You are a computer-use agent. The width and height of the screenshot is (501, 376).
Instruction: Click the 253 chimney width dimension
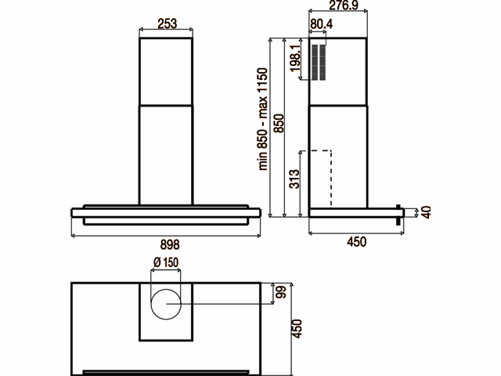167,23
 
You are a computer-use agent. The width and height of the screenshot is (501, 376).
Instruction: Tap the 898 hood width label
170,244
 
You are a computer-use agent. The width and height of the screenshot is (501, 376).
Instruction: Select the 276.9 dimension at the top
344,5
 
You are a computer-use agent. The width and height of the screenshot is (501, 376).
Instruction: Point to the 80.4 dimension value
321,23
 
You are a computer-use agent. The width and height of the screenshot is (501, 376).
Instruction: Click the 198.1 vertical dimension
295,58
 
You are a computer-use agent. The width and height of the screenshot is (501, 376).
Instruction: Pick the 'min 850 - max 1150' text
262,119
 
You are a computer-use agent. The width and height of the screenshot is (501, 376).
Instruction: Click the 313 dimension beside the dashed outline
294,179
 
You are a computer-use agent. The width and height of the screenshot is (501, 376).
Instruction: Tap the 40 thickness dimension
426,212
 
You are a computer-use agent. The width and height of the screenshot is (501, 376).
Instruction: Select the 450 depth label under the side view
357,242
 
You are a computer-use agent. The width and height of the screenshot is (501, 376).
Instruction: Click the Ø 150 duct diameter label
166,262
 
